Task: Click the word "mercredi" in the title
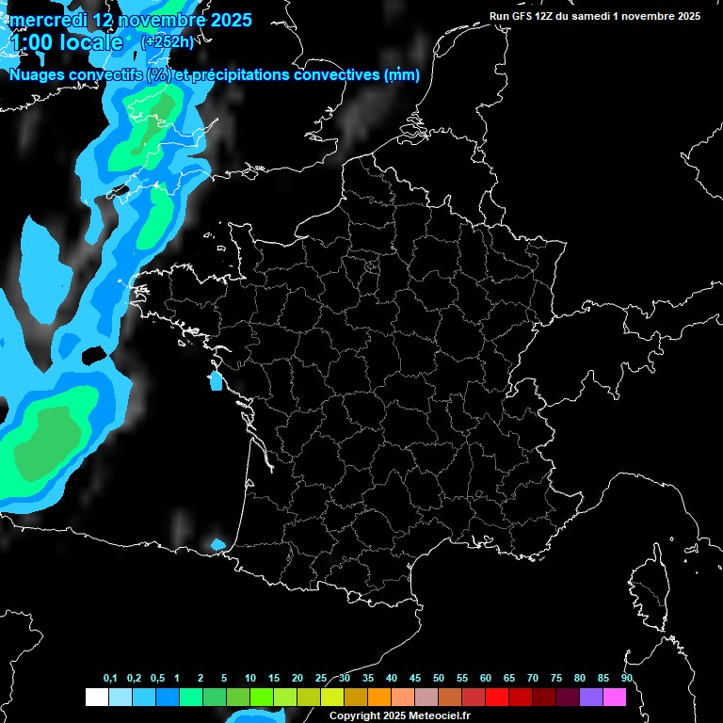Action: point(45,20)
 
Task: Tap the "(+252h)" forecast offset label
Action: point(167,41)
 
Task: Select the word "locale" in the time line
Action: point(88,43)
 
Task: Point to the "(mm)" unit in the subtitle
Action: point(402,75)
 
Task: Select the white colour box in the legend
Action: point(96,698)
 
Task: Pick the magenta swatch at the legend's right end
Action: point(615,698)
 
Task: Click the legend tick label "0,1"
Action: point(110,679)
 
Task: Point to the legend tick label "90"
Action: point(626,679)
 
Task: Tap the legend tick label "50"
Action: point(439,679)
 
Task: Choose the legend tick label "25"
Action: point(321,679)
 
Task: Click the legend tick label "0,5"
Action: point(156,679)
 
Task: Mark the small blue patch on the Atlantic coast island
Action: point(215,381)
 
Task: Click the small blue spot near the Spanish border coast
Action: point(218,544)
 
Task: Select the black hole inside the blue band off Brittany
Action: point(94,355)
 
